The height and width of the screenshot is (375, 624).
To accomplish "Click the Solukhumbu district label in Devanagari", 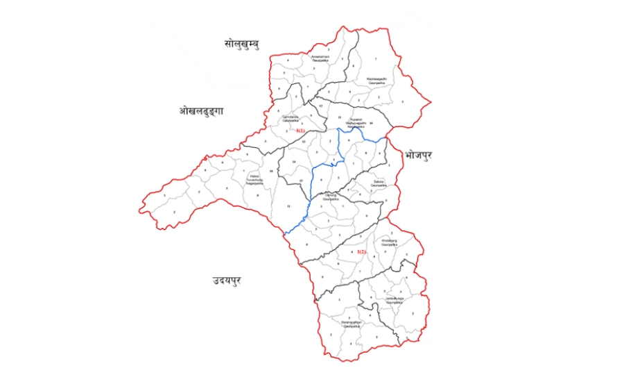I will coord(241,44).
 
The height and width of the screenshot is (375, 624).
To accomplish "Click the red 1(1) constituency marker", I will coord(300,131).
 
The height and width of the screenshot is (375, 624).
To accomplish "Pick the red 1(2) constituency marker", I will coord(361,251).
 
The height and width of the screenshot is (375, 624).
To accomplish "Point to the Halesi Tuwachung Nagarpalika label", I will coord(256,180).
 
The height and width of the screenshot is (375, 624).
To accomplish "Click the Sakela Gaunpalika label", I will coord(379,185).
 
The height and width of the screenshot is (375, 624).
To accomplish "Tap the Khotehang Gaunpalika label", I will coord(389,244).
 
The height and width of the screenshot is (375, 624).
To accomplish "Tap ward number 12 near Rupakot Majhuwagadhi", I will coord(321,105).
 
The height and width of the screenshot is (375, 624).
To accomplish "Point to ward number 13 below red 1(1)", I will coord(304,141).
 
